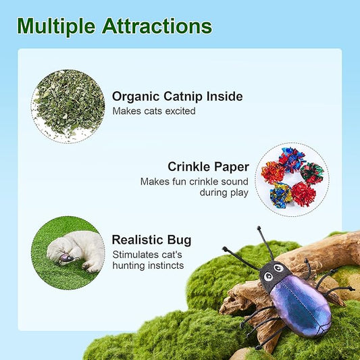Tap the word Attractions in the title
[x=157, y=26]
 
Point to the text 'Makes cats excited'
[x=154, y=111]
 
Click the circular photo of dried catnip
[x=68, y=106]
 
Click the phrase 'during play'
[x=224, y=192]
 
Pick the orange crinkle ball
[x=273, y=172]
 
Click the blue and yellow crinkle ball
[x=282, y=195]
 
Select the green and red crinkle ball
[x=311, y=174]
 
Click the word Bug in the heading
[x=179, y=240]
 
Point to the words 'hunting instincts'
[x=147, y=265]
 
